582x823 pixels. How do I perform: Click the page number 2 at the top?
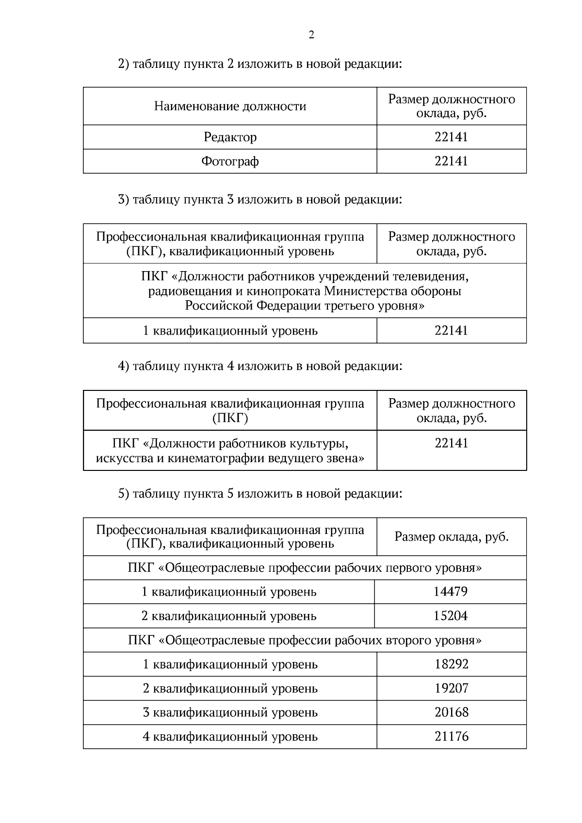click(x=311, y=35)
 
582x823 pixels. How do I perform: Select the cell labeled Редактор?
click(x=230, y=137)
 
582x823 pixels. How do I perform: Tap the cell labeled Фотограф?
click(x=230, y=161)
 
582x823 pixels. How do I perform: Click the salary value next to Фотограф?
click(x=451, y=161)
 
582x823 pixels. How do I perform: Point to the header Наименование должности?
click(x=230, y=106)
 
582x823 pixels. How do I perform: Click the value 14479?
click(x=450, y=592)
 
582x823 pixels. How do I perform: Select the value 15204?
click(x=450, y=616)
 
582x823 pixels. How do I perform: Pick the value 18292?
click(x=451, y=664)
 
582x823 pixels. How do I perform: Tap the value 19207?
click(x=451, y=688)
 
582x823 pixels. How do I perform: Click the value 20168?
click(x=451, y=712)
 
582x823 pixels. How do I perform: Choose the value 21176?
click(x=451, y=737)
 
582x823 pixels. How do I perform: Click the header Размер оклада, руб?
click(x=451, y=537)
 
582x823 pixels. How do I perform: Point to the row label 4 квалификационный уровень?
click(x=230, y=737)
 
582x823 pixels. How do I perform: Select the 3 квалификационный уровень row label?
click(x=230, y=712)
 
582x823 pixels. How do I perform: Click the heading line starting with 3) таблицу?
click(x=260, y=199)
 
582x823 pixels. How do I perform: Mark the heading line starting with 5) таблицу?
click(x=260, y=494)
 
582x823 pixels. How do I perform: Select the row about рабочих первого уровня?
click(x=305, y=568)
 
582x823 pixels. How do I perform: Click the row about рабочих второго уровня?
click(x=305, y=640)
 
